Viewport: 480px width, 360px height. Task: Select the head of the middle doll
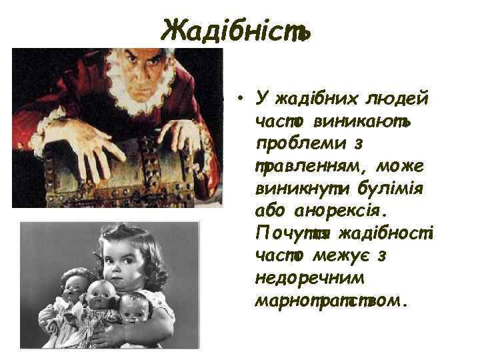(101, 294)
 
